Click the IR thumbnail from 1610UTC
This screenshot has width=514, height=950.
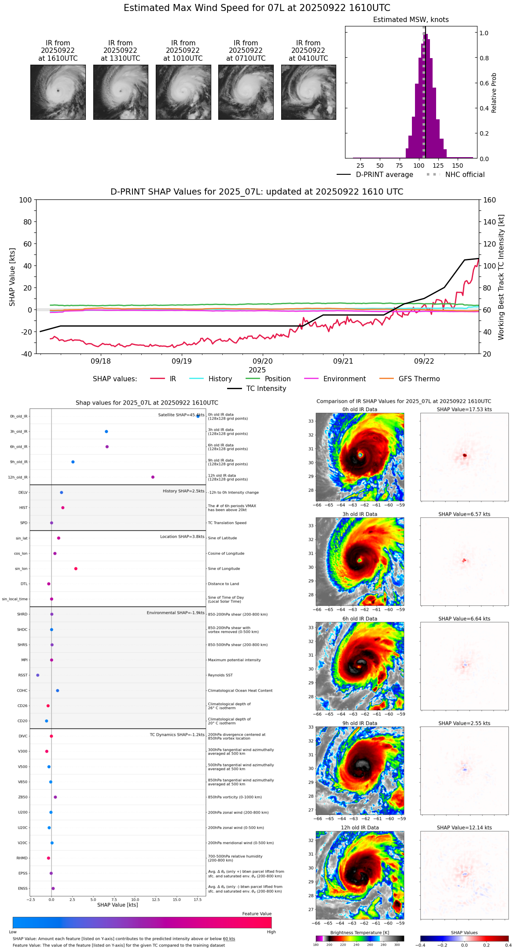click(x=58, y=92)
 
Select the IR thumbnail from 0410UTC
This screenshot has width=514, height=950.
click(x=308, y=92)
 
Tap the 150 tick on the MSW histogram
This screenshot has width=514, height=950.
click(x=458, y=166)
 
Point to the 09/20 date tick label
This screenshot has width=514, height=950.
click(x=263, y=361)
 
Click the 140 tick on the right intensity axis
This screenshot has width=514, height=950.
click(x=489, y=222)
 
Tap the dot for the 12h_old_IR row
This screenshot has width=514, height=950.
click(x=153, y=477)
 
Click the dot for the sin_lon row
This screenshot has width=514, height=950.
click(x=76, y=569)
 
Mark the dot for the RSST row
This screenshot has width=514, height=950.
click(x=37, y=675)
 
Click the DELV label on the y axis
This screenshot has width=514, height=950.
click(x=23, y=493)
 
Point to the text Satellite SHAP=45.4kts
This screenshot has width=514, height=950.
click(x=181, y=415)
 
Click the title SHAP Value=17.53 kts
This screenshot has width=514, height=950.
click(x=464, y=409)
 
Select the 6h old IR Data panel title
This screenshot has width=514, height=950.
click(x=360, y=619)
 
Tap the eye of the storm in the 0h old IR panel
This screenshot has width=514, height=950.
click(x=360, y=455)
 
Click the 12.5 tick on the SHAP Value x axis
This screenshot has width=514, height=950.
click(x=155, y=900)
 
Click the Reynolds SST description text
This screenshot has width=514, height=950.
click(x=220, y=675)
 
